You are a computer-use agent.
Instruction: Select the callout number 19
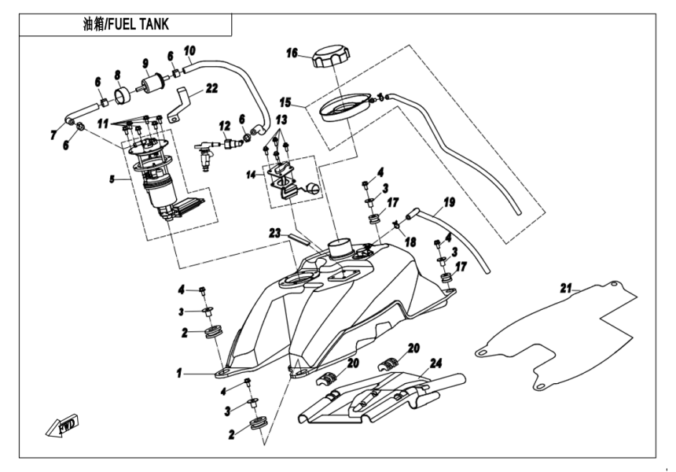coord(449,202)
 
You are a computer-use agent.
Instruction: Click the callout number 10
coord(189,52)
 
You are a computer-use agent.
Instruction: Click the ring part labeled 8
coord(122,96)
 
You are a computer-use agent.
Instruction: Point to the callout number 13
coord(281,119)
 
